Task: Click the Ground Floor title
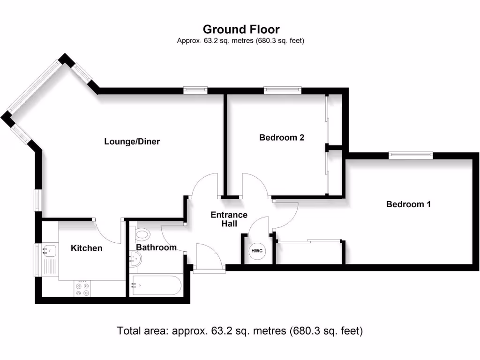(x=241, y=30)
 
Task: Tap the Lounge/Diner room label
(x=132, y=141)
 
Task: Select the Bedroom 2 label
(x=282, y=137)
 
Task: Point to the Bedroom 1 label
(x=408, y=204)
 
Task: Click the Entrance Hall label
(x=229, y=219)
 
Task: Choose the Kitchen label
(x=86, y=248)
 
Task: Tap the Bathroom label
(x=156, y=247)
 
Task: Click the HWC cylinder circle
(x=257, y=251)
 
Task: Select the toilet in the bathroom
(x=142, y=233)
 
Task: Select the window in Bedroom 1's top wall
(x=411, y=155)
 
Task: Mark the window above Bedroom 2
(x=282, y=90)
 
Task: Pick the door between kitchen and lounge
(x=108, y=229)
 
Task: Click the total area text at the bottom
(x=240, y=331)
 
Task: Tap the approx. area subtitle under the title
(x=241, y=41)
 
